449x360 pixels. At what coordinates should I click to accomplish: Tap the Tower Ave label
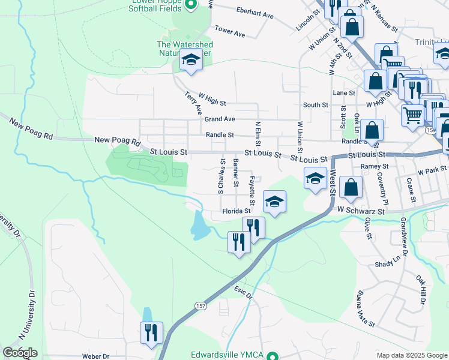(230, 31)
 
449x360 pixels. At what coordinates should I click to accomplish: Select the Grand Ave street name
(220, 119)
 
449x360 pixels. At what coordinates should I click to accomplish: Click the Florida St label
(236, 211)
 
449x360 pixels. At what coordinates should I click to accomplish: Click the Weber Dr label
(98, 356)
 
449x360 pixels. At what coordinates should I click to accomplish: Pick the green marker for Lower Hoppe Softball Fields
(191, 5)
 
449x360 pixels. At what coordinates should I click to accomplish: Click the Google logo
(19, 353)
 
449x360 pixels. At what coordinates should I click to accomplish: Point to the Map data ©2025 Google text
(412, 355)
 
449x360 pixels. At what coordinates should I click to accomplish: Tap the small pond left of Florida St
(199, 226)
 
